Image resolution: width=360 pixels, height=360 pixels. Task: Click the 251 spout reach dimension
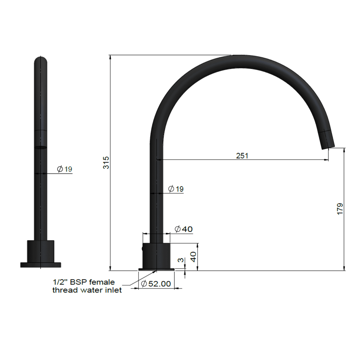coord(242,156)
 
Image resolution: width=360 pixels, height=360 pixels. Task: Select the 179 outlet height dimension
coord(340,209)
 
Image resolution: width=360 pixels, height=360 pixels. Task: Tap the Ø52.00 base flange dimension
coord(156,284)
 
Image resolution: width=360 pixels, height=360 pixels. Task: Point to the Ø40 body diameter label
coord(183,229)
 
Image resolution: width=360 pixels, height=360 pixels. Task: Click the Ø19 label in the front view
coord(64,169)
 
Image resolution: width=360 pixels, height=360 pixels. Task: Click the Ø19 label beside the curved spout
coord(176,189)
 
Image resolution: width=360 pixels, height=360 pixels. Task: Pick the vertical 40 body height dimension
coord(193,256)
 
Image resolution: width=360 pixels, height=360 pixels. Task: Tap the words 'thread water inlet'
coord(87,290)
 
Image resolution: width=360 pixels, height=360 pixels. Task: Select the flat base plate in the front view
coord(40,265)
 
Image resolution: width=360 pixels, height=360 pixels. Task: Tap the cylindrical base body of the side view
coord(157,256)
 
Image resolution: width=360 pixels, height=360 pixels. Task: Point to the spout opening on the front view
coord(40,147)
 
